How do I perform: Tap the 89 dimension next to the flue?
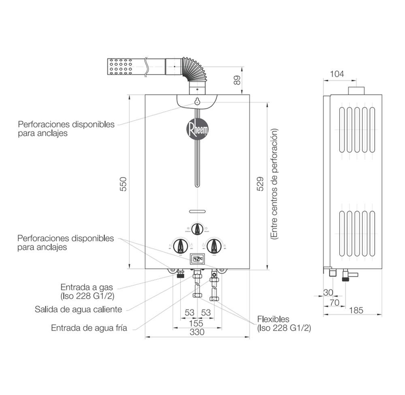238,79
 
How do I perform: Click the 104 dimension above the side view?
337,74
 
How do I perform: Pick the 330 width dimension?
197,332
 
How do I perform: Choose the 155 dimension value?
196,323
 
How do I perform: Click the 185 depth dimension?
356,310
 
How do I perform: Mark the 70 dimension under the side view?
334,302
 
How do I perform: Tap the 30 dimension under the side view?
328,293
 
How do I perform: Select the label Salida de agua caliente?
78,310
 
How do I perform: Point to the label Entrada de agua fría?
89,328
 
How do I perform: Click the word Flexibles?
273,319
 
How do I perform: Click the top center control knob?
197,229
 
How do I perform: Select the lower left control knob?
180,246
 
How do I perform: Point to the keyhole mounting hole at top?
197,101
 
